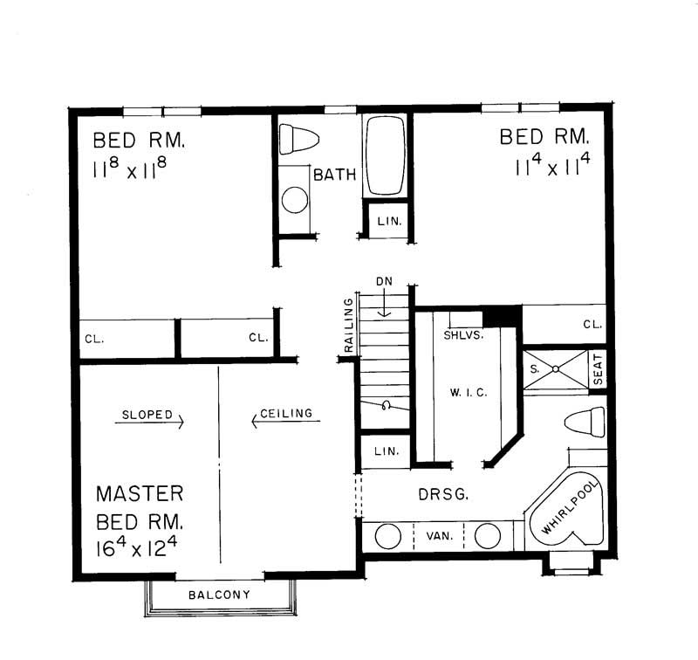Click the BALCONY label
219,595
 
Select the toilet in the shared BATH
299,141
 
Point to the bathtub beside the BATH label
384,155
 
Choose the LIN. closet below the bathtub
384,222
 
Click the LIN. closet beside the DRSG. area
385,452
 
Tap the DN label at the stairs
384,282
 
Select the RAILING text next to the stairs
349,326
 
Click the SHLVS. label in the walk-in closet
463,334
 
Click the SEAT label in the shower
598,370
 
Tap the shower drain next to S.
555,369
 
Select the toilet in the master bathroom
584,422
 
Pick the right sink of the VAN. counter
488,535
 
